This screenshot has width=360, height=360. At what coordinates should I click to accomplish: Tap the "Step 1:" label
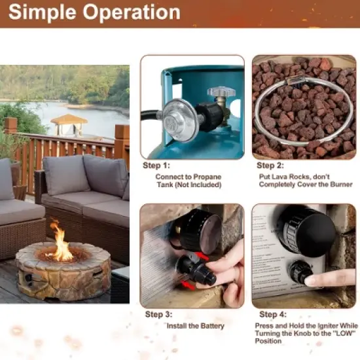tap(156, 166)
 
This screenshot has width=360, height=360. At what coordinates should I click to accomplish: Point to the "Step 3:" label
tap(156, 314)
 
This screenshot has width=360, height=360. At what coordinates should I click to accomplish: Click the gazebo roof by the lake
tap(69, 119)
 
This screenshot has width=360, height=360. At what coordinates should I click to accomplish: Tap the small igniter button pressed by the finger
tap(302, 272)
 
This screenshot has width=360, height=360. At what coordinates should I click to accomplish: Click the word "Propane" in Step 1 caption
tap(204, 177)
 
